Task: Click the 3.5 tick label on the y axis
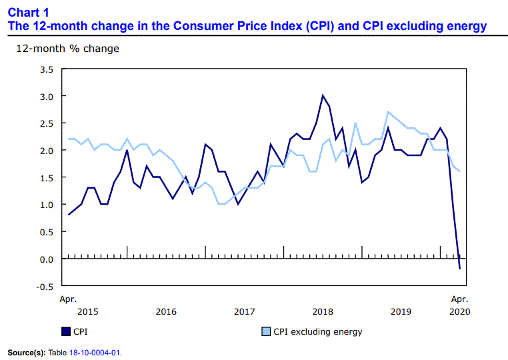45,69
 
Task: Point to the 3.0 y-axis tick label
45,97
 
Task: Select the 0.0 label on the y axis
45,259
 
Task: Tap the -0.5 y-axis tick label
44,287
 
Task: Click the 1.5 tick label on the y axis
45,178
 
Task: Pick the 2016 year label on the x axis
166,311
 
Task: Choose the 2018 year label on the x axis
323,311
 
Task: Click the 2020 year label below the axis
459,311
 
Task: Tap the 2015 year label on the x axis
88,311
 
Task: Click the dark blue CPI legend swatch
65,331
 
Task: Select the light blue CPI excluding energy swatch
265,331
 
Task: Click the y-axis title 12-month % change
68,49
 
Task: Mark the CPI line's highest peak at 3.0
323,95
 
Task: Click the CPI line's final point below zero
459,269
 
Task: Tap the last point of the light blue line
459,171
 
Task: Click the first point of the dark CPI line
69,215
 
